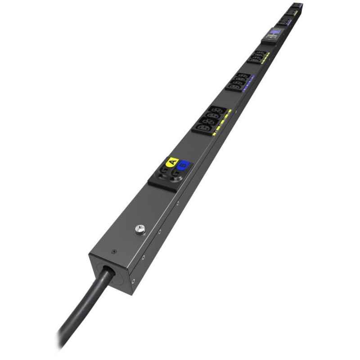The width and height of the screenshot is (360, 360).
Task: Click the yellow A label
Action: pyautogui.click(x=171, y=162)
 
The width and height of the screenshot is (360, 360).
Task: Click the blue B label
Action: pyautogui.click(x=184, y=167)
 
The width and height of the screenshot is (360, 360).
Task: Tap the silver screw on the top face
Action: pyautogui.click(x=139, y=231)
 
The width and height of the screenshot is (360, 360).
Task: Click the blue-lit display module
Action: pyautogui.click(x=274, y=33)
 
